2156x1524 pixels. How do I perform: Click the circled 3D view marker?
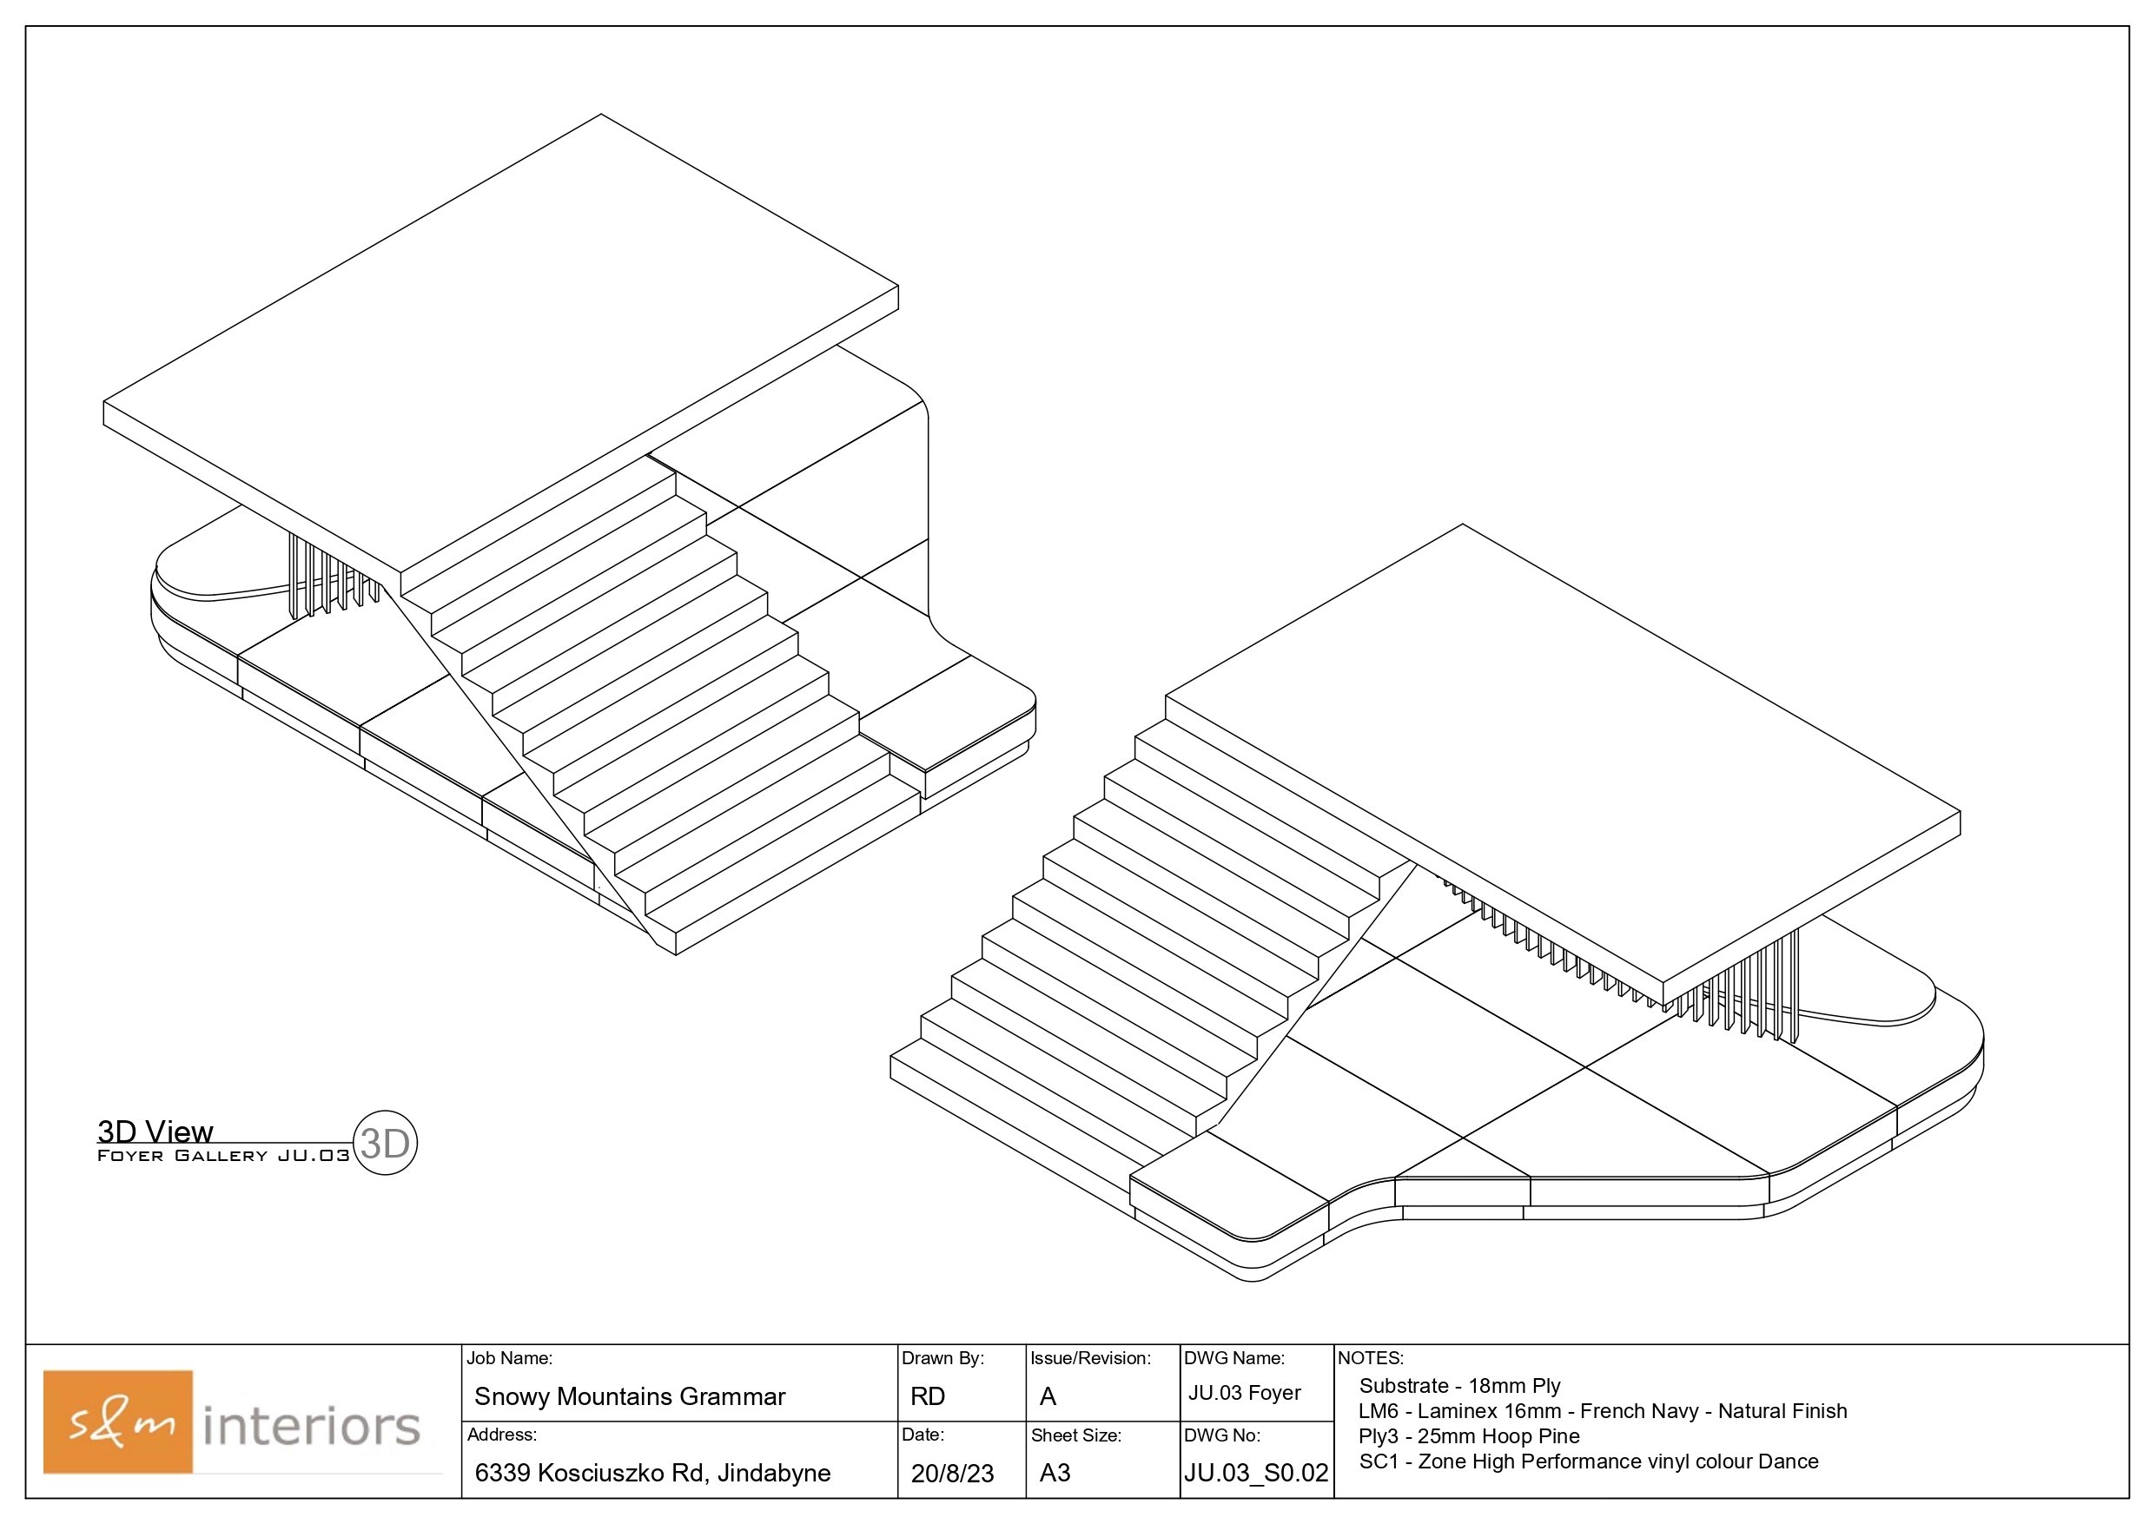[384, 1143]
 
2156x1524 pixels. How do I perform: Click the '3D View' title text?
[155, 1131]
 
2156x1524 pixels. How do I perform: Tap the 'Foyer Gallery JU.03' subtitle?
[222, 1156]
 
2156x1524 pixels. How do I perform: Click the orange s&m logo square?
[118, 1421]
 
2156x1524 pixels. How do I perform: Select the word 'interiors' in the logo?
[311, 1427]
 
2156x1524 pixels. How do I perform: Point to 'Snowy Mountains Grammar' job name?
[629, 1396]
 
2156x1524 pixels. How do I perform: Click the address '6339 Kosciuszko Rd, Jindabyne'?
[652, 1473]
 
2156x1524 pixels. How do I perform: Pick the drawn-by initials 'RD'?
[927, 1396]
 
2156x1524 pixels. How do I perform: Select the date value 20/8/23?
[952, 1474]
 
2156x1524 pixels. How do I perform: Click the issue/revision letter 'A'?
[1048, 1396]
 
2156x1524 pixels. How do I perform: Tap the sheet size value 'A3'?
[1055, 1473]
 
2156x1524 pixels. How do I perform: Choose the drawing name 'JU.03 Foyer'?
[1244, 1393]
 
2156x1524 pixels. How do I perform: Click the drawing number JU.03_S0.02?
[1256, 1473]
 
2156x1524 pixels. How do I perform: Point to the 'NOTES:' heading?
[1370, 1358]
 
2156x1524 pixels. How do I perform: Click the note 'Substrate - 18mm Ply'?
[1459, 1386]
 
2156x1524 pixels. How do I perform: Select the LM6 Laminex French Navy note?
[1602, 1411]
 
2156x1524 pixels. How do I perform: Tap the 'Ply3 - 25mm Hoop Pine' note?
[1469, 1436]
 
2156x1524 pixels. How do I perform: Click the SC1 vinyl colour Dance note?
[1588, 1462]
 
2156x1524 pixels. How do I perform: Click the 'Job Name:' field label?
[509, 1358]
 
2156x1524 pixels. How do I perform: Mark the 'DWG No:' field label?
[1221, 1435]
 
